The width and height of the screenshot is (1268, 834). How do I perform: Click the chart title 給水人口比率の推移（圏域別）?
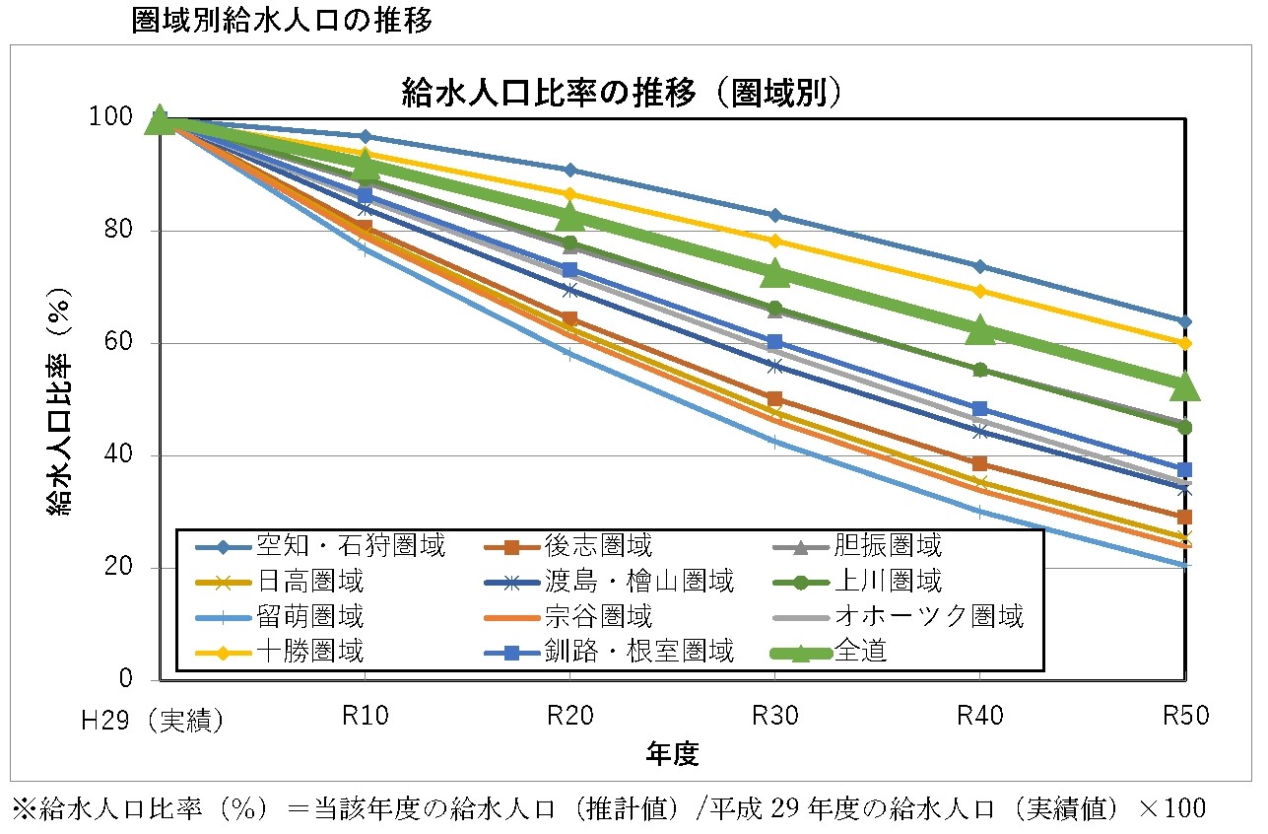pos(623,92)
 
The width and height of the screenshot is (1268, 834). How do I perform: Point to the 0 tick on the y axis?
pos(125,679)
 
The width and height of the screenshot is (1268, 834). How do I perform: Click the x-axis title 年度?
pos(673,756)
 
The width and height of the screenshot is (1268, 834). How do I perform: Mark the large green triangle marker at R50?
pos(1184,386)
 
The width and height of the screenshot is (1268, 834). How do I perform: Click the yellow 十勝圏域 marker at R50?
pos(1185,343)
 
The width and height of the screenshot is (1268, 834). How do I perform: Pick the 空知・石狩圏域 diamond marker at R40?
pos(979,266)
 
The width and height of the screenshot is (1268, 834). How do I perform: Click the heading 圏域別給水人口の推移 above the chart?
pos(282,21)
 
